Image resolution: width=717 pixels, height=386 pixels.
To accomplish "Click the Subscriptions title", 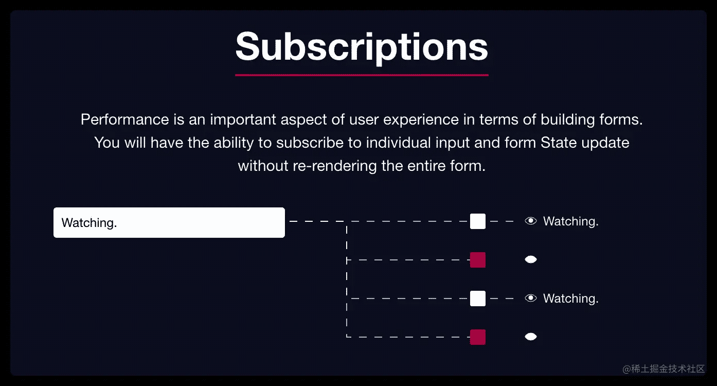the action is pos(362,47).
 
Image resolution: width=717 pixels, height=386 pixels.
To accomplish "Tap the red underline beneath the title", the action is pos(362,75).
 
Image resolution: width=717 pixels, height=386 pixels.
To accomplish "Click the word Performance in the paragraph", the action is pos(125,119).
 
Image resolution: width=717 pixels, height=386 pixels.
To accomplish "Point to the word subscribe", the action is pos(310,143).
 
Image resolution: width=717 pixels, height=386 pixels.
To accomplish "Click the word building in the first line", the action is pos(567,120).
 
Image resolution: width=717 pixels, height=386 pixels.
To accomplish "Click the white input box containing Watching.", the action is pos(169,223).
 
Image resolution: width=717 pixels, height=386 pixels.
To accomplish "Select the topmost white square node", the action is pos(478,221).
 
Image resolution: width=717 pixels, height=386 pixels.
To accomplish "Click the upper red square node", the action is pos(478,260).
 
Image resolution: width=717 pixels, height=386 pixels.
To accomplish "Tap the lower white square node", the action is pos(478,299).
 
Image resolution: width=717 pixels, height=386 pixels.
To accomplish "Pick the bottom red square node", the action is pos(478,337).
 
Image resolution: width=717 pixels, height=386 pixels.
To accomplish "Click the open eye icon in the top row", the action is pos(531,221).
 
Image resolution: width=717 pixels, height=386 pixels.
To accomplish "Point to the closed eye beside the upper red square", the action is pos(531,259).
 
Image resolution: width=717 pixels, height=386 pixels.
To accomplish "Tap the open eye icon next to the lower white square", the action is pos(531,298).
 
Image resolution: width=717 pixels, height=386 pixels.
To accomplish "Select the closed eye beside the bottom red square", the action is pos(531,337).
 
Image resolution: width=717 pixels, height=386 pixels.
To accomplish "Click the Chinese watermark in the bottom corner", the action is pos(664,369).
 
